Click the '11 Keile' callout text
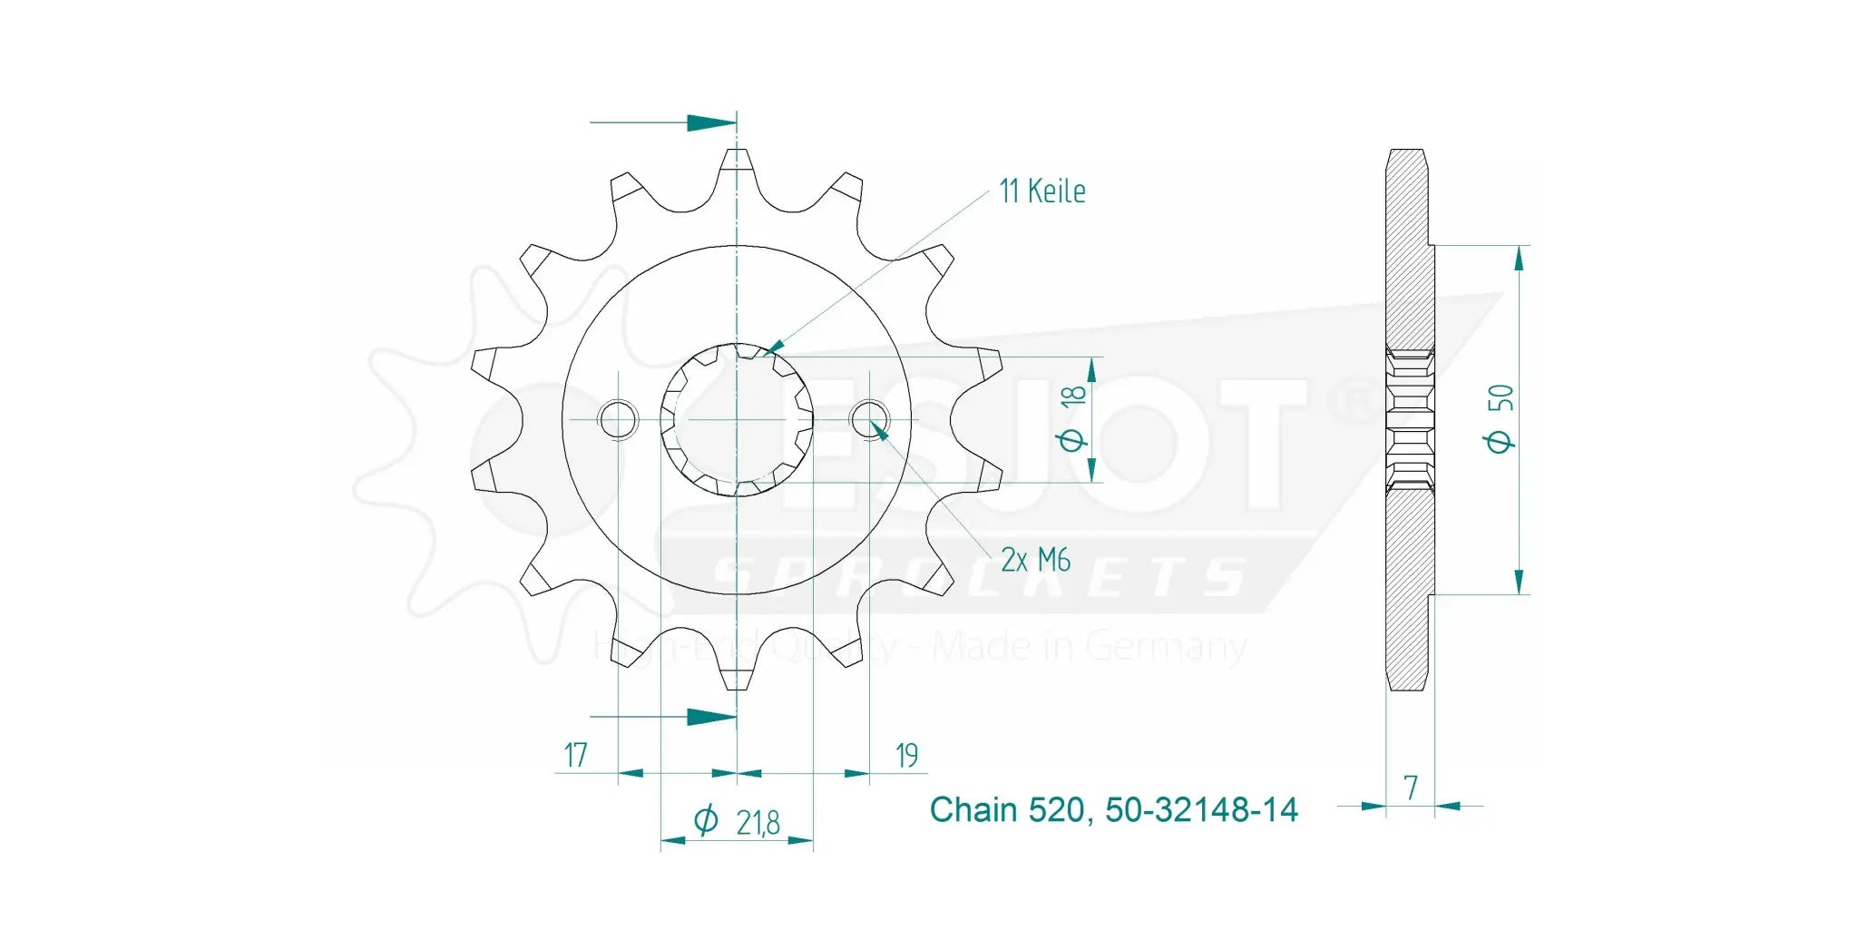1041,191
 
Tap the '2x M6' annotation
1035,560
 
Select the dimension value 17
575,755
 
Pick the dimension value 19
906,755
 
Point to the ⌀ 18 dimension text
1071,418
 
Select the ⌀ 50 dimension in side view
1499,418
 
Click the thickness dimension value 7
1410,788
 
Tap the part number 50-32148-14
1201,809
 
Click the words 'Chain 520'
1006,809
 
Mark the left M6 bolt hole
618,419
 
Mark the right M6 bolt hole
869,419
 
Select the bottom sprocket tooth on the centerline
737,676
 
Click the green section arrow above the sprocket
710,122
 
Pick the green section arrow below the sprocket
710,717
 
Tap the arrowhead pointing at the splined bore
773,348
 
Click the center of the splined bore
737,419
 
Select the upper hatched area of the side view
1409,254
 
